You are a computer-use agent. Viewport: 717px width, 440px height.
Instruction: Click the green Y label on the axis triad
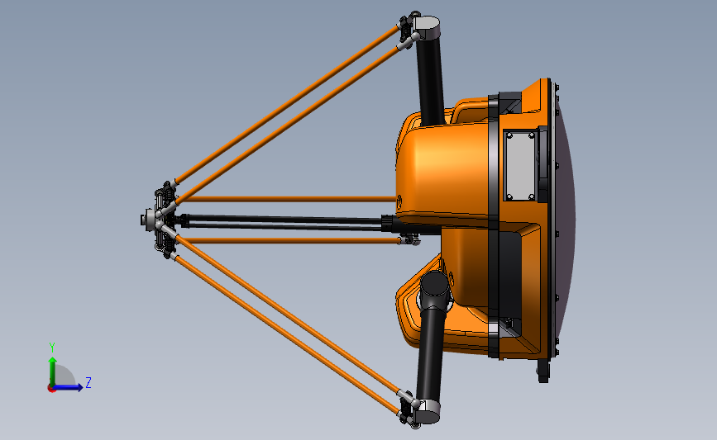coord(51,347)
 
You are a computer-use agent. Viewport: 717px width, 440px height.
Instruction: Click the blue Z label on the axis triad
coord(88,382)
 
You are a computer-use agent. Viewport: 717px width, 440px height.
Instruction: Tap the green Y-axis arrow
coord(51,367)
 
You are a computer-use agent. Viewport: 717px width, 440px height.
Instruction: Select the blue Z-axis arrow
coord(71,386)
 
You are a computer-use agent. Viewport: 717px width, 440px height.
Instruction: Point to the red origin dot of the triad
coord(51,387)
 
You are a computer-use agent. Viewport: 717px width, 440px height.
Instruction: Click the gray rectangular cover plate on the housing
coord(520,166)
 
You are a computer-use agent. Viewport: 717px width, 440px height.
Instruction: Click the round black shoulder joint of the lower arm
coord(434,288)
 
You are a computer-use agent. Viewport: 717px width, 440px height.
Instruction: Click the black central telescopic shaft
coord(281,221)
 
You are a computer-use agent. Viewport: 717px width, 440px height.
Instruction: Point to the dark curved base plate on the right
coord(564,223)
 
